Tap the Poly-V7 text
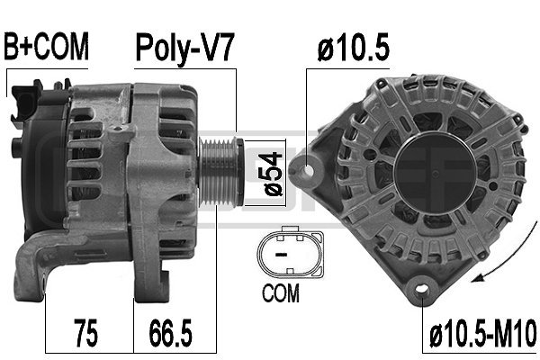tap(184, 47)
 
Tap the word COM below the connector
tap(281, 292)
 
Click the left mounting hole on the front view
tap(310, 167)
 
